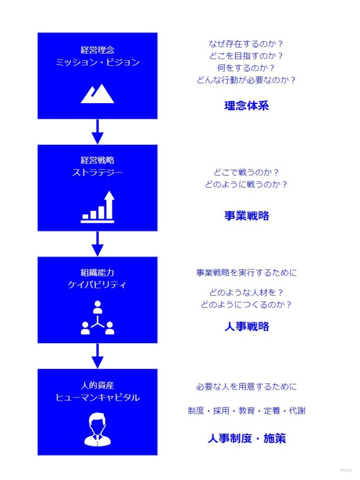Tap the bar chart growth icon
[x=97, y=207]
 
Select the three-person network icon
[x=97, y=318]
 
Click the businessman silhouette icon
[x=97, y=429]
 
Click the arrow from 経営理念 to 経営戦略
[x=97, y=132]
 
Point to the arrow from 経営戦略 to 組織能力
[x=97, y=244]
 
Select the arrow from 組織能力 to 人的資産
[x=97, y=356]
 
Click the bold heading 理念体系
[x=247, y=106]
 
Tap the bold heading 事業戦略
[x=247, y=216]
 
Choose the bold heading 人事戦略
[x=247, y=327]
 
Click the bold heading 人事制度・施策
[x=247, y=438]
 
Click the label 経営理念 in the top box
[x=97, y=50]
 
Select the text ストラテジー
[x=97, y=172]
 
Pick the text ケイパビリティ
[x=97, y=285]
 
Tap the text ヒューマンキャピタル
[x=97, y=397]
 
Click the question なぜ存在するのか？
[x=246, y=44]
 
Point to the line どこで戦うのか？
[x=246, y=172]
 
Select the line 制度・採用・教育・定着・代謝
[x=247, y=411]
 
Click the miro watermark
[x=346, y=470]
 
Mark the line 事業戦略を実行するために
[x=247, y=272]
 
